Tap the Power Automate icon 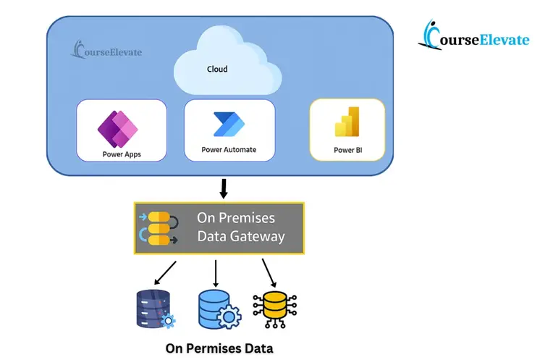[x=229, y=125]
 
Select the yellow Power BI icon [x=347, y=122]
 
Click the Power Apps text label [x=121, y=154]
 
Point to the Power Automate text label [x=229, y=151]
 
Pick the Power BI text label [x=347, y=150]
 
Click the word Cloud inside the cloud [x=217, y=70]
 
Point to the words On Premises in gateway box [x=236, y=218]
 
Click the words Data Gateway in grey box [x=241, y=237]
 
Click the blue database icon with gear [x=215, y=309]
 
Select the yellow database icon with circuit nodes [x=273, y=309]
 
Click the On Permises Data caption [x=219, y=348]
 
